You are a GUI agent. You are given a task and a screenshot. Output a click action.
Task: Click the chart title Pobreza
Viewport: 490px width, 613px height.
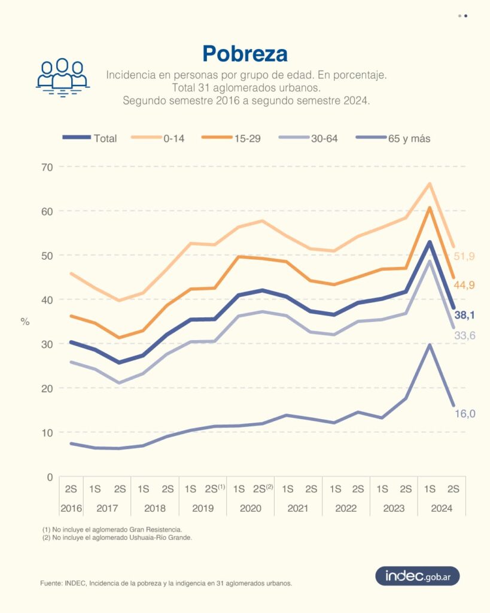tap(245, 53)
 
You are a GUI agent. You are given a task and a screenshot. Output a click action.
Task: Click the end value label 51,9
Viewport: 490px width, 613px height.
tap(464, 256)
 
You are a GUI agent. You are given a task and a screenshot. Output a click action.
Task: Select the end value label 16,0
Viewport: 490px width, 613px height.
tap(464, 414)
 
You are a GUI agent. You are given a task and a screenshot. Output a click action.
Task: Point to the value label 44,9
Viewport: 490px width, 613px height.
tap(464, 285)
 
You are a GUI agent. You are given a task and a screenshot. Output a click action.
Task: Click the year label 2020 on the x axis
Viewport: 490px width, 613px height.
tap(251, 508)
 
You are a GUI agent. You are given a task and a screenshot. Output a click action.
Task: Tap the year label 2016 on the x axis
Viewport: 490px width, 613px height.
tap(71, 508)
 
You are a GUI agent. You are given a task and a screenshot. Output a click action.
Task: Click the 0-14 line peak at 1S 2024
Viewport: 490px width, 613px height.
tap(430, 183)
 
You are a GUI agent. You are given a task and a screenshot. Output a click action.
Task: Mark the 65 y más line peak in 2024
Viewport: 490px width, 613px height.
tap(430, 345)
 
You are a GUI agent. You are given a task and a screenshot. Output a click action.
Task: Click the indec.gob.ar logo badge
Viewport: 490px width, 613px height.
tap(417, 576)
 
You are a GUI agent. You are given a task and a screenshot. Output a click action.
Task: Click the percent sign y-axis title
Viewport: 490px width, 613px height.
tap(25, 322)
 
